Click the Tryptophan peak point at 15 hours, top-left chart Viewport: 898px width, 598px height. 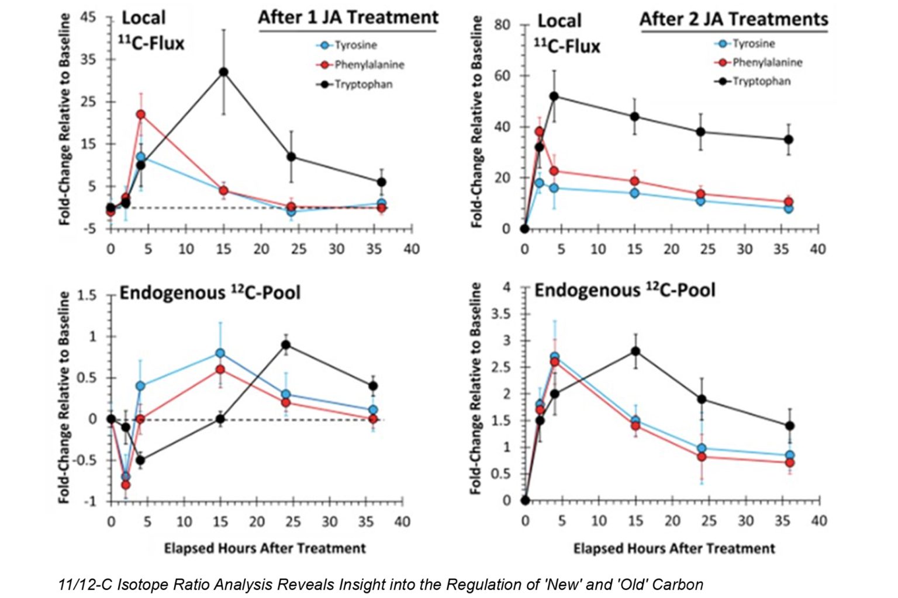pyautogui.click(x=223, y=72)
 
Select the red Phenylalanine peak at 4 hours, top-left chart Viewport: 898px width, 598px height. pyautogui.click(x=141, y=114)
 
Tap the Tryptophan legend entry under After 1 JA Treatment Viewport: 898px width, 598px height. pyautogui.click(x=362, y=85)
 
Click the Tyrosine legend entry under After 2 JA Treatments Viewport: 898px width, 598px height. pyautogui.click(x=753, y=44)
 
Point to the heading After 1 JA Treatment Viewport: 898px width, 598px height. pyautogui.click(x=348, y=18)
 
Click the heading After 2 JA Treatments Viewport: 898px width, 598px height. pyautogui.click(x=734, y=19)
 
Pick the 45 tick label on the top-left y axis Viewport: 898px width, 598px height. pyautogui.click(x=88, y=17)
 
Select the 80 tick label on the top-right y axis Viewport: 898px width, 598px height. pyautogui.click(x=502, y=25)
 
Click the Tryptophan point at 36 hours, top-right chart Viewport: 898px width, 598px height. pyautogui.click(x=789, y=140)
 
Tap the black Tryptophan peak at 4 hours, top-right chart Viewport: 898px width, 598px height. pyautogui.click(x=554, y=96)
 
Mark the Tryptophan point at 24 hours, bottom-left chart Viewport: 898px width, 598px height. pyautogui.click(x=286, y=345)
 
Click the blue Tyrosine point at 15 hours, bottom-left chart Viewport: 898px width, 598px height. pyautogui.click(x=220, y=353)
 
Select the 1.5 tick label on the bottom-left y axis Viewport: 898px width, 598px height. pyautogui.click(x=87, y=295)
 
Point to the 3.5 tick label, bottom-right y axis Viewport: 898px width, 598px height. pyautogui.click(x=500, y=314)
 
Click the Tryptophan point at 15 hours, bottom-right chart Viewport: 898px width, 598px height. pyautogui.click(x=635, y=351)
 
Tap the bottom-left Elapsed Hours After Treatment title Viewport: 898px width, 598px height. pyautogui.click(x=265, y=548)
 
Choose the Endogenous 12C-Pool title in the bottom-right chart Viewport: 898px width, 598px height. pyautogui.click(x=624, y=290)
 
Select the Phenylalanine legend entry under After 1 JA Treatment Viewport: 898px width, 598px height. pyautogui.click(x=369, y=65)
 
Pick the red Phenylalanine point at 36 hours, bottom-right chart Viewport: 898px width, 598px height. pyautogui.click(x=789, y=463)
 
